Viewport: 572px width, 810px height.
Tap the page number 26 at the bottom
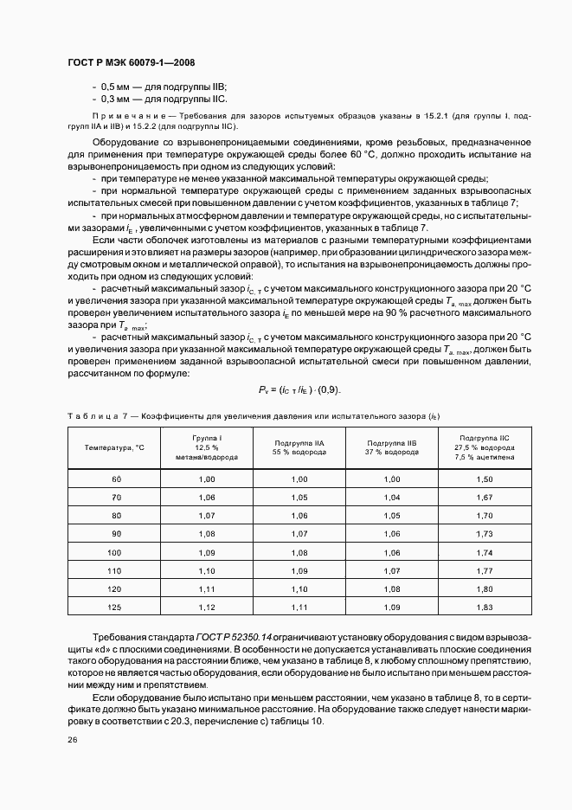72,740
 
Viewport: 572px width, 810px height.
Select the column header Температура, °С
114,447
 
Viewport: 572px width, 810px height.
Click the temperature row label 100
115,552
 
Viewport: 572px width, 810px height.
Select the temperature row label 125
115,607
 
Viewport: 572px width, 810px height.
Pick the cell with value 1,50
485,479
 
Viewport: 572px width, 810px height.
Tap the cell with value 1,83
485,607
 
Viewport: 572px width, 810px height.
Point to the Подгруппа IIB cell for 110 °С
392,570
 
